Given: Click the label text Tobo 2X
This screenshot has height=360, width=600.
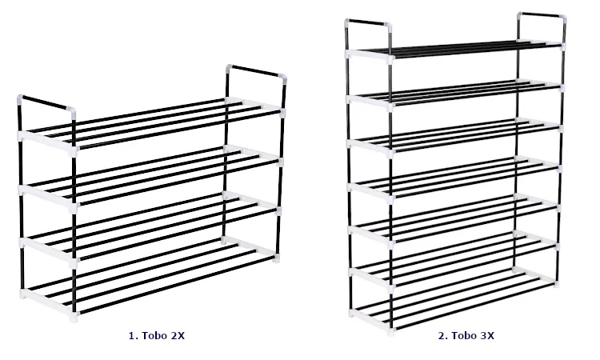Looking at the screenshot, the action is (x=163, y=336).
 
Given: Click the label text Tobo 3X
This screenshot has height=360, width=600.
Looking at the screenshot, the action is (x=473, y=336).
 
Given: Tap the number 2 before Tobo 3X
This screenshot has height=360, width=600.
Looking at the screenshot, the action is (x=442, y=336).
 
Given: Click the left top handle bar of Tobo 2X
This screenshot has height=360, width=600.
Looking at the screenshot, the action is (x=45, y=102).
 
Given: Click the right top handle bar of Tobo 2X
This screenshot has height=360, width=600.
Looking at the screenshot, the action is (x=256, y=71).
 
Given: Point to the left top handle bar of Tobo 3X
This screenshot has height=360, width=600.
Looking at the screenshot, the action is (x=368, y=22).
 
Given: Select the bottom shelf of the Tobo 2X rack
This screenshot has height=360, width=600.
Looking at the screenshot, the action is (x=150, y=278).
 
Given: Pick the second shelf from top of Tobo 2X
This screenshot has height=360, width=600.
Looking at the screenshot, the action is (x=150, y=176).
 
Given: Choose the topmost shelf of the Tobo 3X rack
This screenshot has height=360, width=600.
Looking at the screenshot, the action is (x=455, y=50).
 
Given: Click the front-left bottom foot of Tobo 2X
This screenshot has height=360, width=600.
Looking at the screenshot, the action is (x=74, y=317).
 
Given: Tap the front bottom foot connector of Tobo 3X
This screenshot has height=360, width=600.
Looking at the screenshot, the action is (x=391, y=330).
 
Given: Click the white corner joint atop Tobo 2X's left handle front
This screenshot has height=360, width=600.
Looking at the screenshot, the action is (x=71, y=113).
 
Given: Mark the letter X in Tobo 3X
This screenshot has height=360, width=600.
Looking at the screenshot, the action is (x=490, y=336).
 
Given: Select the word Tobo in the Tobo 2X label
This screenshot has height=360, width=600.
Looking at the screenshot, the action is (x=154, y=336).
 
